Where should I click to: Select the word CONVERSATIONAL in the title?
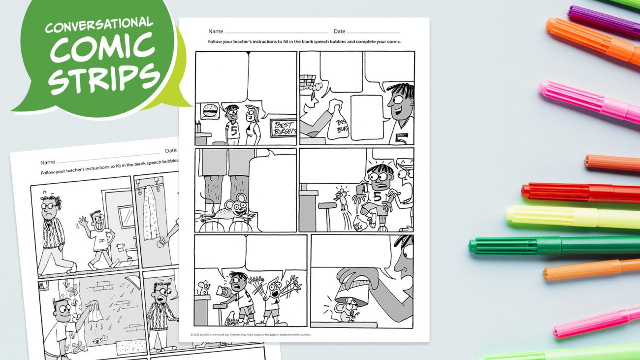[99, 25]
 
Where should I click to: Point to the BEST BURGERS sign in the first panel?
[283, 128]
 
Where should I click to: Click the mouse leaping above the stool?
[340, 197]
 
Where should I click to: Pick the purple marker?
[603, 22]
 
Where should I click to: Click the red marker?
[581, 193]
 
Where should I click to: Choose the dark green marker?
[551, 245]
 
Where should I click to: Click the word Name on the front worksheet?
[216, 31]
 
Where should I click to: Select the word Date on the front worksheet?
[339, 31]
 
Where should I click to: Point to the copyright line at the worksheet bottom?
[251, 335]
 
